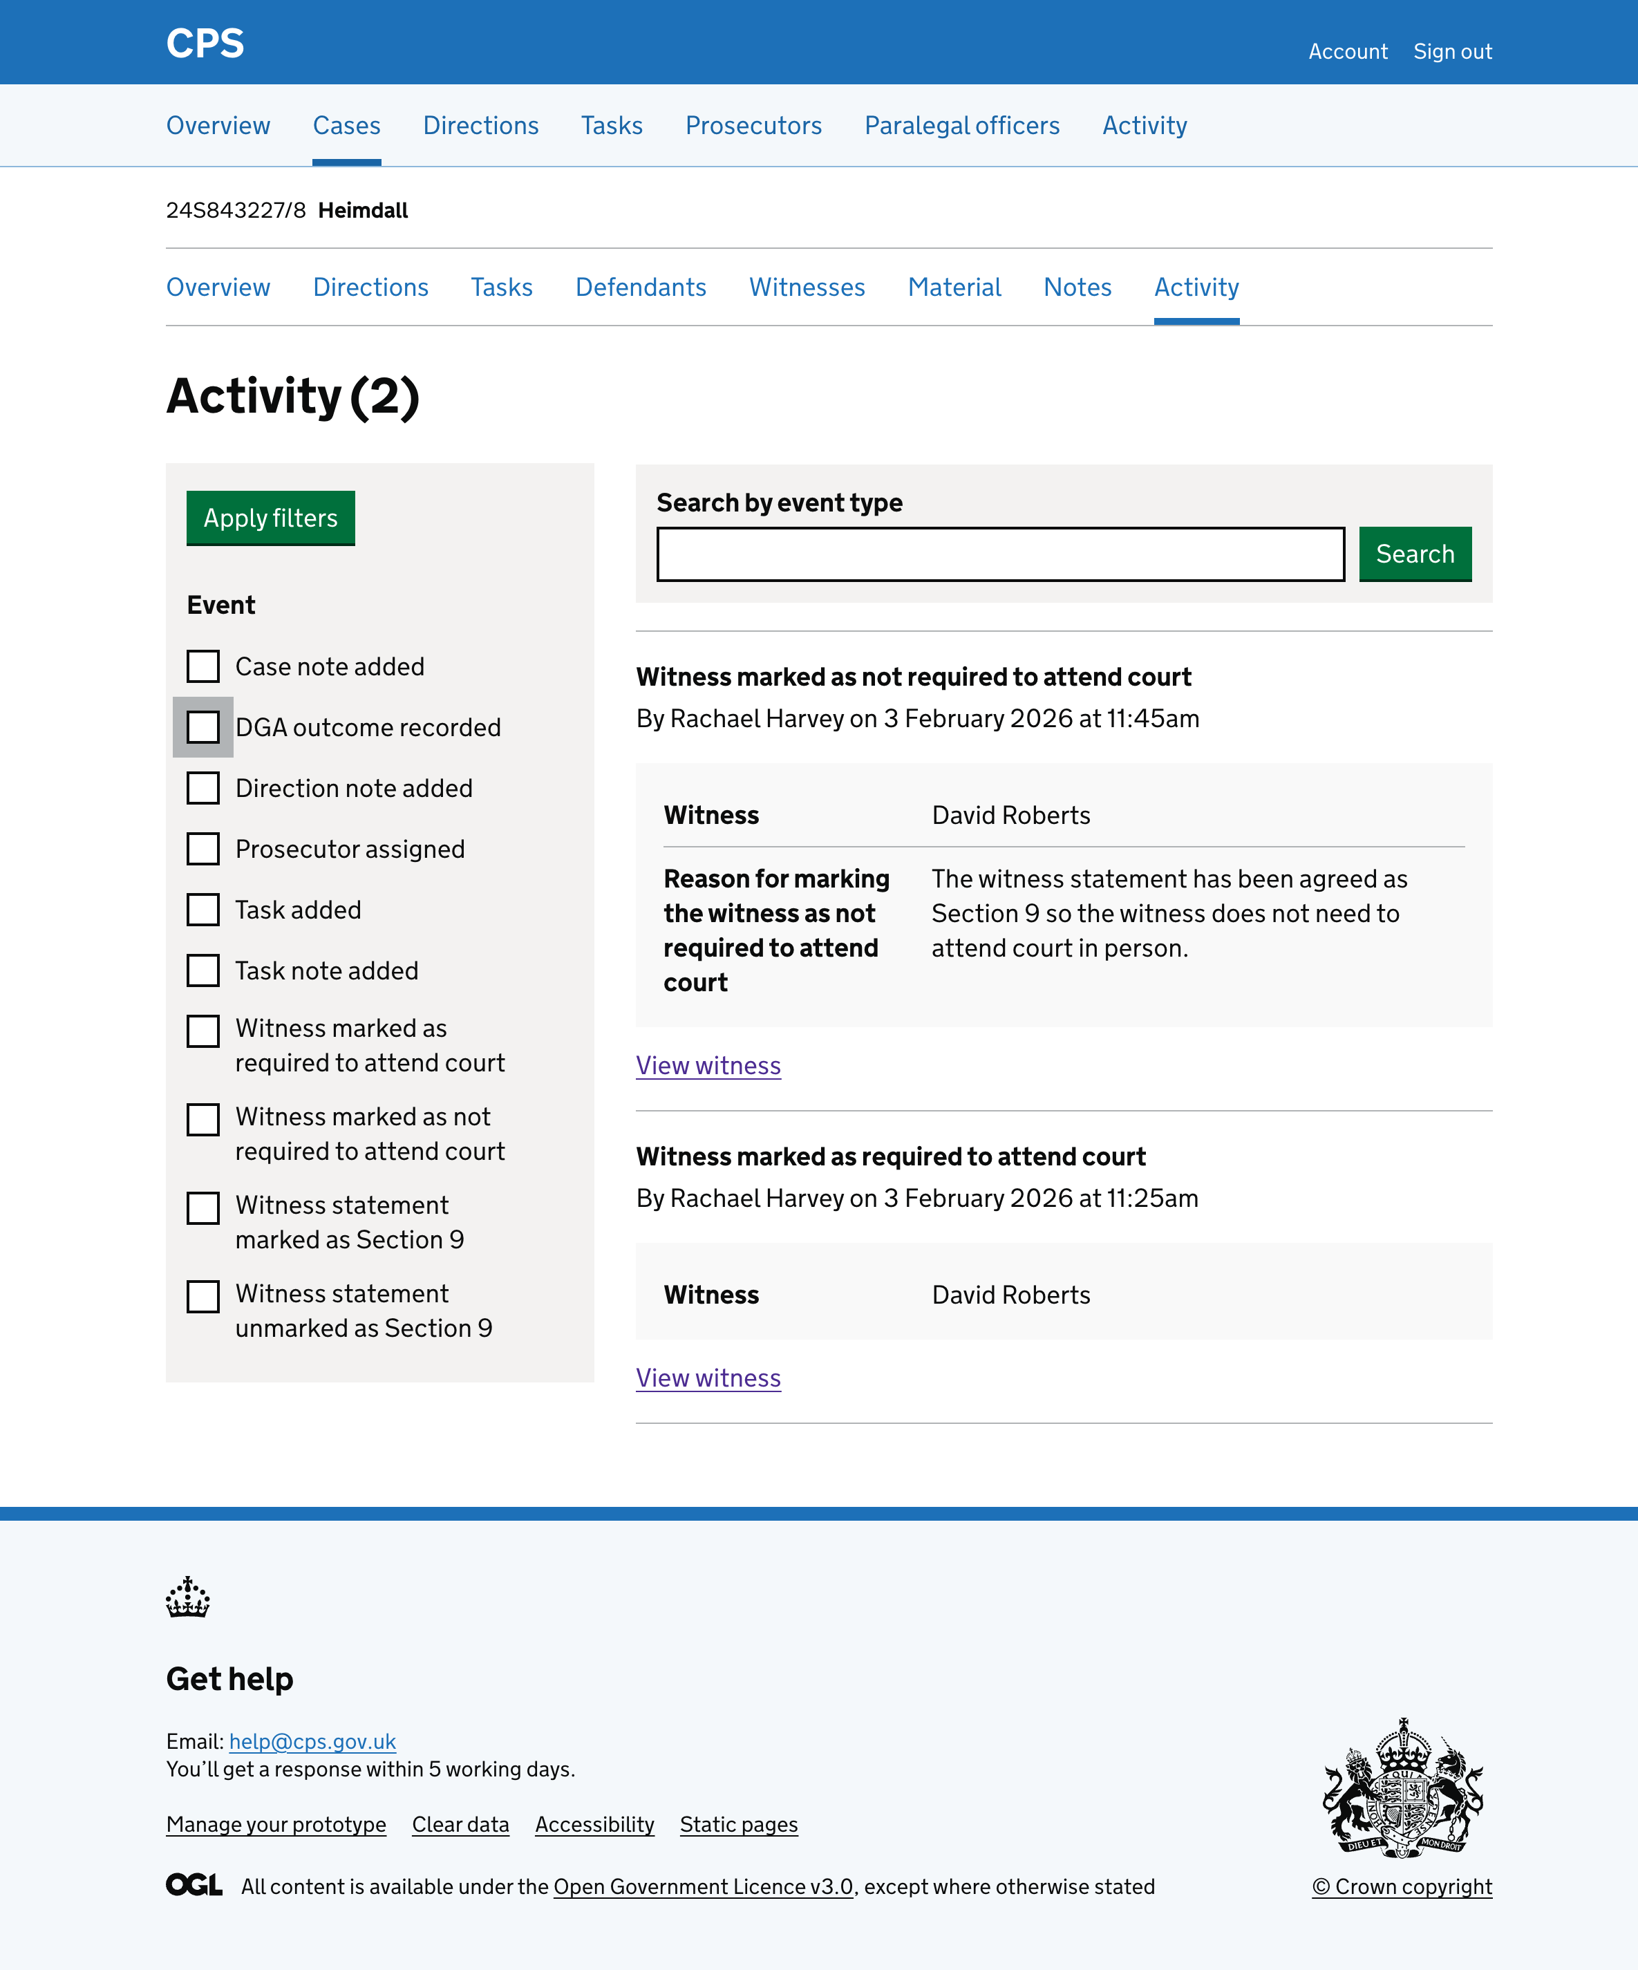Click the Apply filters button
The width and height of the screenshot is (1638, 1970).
(270, 518)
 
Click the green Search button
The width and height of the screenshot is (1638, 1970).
(1414, 554)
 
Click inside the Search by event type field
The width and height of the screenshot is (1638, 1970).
(1000, 554)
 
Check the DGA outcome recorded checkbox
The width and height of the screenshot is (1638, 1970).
(203, 727)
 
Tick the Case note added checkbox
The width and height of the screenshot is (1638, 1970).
(203, 666)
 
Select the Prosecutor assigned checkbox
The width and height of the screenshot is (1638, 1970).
(203, 849)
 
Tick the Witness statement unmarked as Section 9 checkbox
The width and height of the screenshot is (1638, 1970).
(203, 1297)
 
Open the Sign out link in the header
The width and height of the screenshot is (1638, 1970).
(1451, 52)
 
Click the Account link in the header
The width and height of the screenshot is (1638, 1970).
(1347, 52)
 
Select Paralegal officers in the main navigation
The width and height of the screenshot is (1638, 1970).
(961, 126)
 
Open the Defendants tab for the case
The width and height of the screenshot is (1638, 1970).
(641, 287)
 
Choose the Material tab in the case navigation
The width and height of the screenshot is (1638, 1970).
(954, 287)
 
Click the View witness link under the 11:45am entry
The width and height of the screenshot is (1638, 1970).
(708, 1066)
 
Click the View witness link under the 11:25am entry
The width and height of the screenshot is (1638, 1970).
(708, 1378)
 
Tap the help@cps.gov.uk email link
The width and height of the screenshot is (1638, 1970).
(312, 1741)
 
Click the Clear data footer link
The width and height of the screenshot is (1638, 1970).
(460, 1825)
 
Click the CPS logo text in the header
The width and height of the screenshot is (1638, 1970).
(205, 43)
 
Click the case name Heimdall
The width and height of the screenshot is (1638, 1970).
(363, 210)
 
